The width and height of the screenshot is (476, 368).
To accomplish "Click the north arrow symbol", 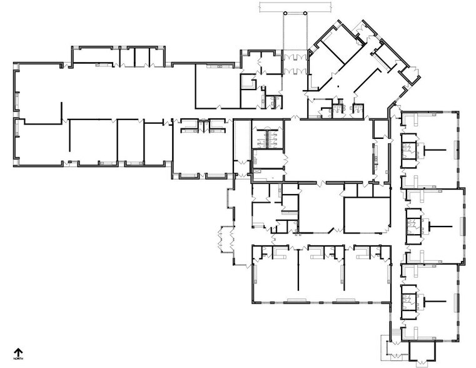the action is tap(18, 352).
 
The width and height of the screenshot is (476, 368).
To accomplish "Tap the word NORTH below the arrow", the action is tap(18, 359).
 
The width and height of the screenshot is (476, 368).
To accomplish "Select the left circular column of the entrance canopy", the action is tap(285, 13).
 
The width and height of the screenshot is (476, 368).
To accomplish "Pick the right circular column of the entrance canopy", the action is tap(305, 13).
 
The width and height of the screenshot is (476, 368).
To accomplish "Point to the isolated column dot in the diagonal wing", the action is tap(338, 86).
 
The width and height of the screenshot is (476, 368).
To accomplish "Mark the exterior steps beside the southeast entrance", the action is tap(395, 334).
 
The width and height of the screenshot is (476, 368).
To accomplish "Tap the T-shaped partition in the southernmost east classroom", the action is tap(435, 301).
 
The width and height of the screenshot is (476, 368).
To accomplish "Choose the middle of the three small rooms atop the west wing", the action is tap(142, 56).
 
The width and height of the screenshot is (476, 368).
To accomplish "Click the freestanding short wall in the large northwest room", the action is tap(62, 113).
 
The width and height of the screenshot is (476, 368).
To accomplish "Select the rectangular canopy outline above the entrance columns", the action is tap(295, 8).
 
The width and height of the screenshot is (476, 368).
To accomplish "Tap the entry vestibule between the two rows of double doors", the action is tap(295, 64).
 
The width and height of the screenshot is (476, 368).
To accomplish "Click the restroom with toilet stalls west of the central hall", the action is tap(268, 135).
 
